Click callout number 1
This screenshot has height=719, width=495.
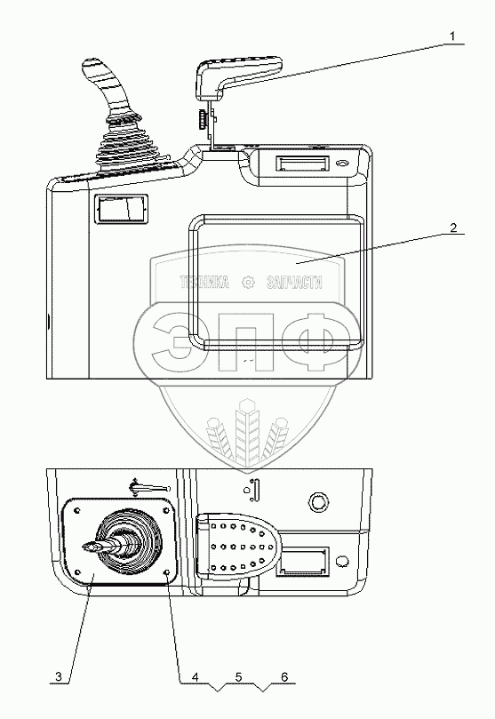452,36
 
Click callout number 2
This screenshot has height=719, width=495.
453,228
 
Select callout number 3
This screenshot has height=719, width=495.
58,676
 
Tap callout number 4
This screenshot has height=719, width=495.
196,676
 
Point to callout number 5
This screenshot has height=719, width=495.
238,676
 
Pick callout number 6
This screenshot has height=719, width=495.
284,676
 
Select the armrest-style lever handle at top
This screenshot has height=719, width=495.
236,75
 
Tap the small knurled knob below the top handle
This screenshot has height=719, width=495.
202,119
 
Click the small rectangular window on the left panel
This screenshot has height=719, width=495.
121,209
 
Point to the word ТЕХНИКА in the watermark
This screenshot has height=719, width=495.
204,282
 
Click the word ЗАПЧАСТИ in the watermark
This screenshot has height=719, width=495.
294,282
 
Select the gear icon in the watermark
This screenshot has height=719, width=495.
248,282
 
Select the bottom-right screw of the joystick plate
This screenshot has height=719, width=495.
167,572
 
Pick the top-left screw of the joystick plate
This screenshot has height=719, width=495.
76,510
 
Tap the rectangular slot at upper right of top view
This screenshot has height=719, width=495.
302,164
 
